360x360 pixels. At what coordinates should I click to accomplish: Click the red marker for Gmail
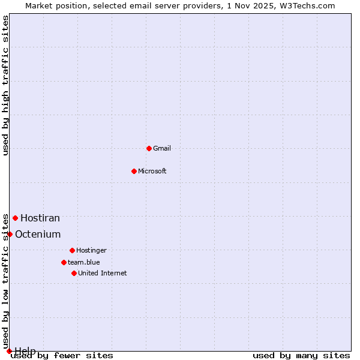click(149, 148)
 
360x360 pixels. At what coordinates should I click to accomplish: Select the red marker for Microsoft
click(134, 171)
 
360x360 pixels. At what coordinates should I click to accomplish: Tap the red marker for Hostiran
click(15, 218)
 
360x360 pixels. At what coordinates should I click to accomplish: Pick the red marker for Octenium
click(10, 234)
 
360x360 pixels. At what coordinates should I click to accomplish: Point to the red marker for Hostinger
click(72, 250)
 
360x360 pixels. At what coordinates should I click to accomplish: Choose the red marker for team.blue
click(64, 262)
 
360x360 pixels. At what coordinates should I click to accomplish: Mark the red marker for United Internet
click(74, 273)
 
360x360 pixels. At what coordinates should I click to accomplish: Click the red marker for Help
click(9, 351)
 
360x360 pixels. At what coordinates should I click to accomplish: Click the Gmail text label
click(162, 148)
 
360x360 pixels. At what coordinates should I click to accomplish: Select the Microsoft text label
click(152, 171)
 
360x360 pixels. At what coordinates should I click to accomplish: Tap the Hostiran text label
click(40, 218)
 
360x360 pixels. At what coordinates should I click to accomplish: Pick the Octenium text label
click(38, 235)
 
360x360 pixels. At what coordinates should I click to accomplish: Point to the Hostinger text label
click(91, 250)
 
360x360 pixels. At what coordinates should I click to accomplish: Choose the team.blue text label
click(84, 262)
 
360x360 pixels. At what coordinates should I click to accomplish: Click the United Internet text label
click(103, 273)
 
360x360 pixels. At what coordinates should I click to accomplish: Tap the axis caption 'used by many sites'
click(301, 355)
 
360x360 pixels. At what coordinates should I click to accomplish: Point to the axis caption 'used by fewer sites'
click(62, 355)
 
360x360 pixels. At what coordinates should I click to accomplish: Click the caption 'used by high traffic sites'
click(5, 85)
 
